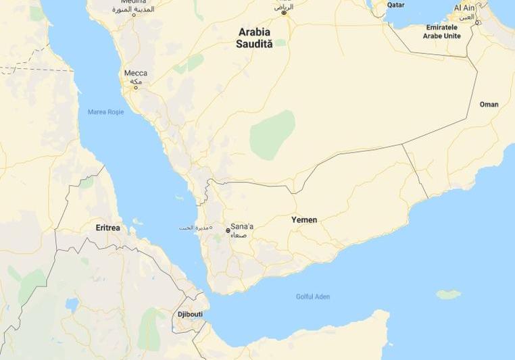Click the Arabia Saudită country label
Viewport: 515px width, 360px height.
255,37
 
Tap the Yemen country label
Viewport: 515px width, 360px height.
304,220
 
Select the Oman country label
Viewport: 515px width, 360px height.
489,105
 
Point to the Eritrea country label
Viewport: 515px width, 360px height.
107,228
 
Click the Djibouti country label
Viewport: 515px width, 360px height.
190,315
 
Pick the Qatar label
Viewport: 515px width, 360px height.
395,5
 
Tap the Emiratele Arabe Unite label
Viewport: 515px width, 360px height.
442,31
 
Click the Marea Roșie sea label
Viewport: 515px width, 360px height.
106,111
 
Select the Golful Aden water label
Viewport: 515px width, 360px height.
313,297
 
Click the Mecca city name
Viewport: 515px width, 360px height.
136,73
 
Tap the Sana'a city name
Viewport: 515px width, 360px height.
242,226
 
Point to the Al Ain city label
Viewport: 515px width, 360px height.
464,7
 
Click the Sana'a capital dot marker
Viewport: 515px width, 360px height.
228,230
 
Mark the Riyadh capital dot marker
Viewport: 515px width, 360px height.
284,12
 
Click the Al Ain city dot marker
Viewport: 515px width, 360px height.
476,22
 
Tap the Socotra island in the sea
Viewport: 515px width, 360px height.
449,294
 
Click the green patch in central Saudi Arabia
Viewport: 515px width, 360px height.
272,134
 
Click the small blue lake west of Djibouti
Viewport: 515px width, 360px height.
72,305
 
